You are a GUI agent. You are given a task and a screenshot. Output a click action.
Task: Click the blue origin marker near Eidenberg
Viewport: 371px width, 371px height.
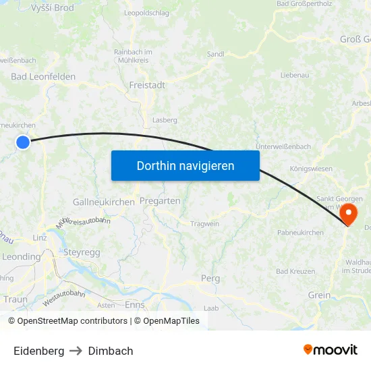coord(23,142)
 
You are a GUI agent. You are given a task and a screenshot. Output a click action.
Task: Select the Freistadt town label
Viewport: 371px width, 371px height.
coord(147,86)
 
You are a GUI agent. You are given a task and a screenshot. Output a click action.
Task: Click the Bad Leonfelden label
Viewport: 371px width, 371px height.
coord(43,77)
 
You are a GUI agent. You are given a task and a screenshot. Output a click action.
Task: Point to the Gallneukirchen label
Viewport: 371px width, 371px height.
coord(103,202)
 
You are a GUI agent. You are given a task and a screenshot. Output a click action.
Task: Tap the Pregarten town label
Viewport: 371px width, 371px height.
coord(160,201)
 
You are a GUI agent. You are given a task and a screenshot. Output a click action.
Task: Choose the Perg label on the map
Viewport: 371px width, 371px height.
coord(210,278)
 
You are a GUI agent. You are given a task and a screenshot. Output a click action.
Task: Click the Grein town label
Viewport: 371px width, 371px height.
coord(319,295)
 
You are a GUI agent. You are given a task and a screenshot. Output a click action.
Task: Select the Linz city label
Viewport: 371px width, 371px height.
coord(40,238)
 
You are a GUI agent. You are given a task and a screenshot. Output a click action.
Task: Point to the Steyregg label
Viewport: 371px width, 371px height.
coord(81,252)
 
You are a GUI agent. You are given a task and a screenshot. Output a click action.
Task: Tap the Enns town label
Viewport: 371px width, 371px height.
coord(134,305)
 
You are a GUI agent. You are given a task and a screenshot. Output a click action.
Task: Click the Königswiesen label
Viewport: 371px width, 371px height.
coord(310,169)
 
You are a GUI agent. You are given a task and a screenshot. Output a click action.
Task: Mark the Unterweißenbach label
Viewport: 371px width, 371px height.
coord(283,146)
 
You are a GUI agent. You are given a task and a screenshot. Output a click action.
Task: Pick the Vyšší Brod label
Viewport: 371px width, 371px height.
coord(53,7)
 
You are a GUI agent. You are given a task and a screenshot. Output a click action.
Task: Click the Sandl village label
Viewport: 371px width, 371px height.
coord(216,54)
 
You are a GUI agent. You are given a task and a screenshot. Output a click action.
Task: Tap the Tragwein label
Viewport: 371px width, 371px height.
coord(205,224)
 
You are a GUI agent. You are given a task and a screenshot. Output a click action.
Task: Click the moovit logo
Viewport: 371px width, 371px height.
coord(331,350)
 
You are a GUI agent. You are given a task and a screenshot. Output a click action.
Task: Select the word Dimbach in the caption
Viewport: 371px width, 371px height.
coord(111,351)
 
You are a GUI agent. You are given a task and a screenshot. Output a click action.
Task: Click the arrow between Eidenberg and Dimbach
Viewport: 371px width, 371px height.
coord(76,351)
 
